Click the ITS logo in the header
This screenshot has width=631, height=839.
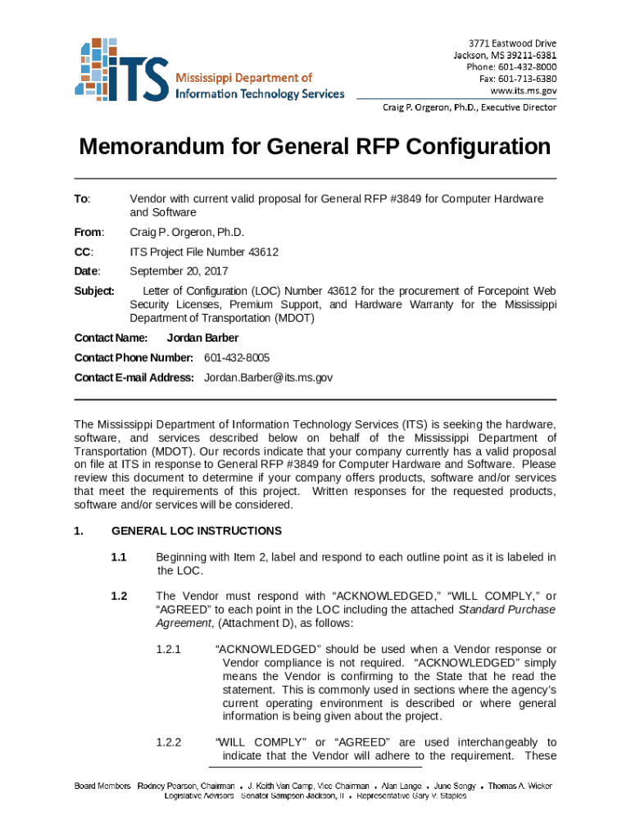point(123,69)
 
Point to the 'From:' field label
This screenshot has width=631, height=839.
point(87,232)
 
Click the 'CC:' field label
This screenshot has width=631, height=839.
point(84,252)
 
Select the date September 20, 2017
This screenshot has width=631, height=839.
point(179,271)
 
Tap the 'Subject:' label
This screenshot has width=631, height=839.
point(94,291)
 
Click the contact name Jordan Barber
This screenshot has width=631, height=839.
point(203,338)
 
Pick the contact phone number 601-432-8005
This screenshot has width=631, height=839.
point(237,358)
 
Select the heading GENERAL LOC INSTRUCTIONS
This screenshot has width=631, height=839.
point(196,531)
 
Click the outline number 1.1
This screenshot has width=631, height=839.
point(119,557)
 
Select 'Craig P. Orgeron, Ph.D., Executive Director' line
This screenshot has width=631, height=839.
point(470,107)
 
